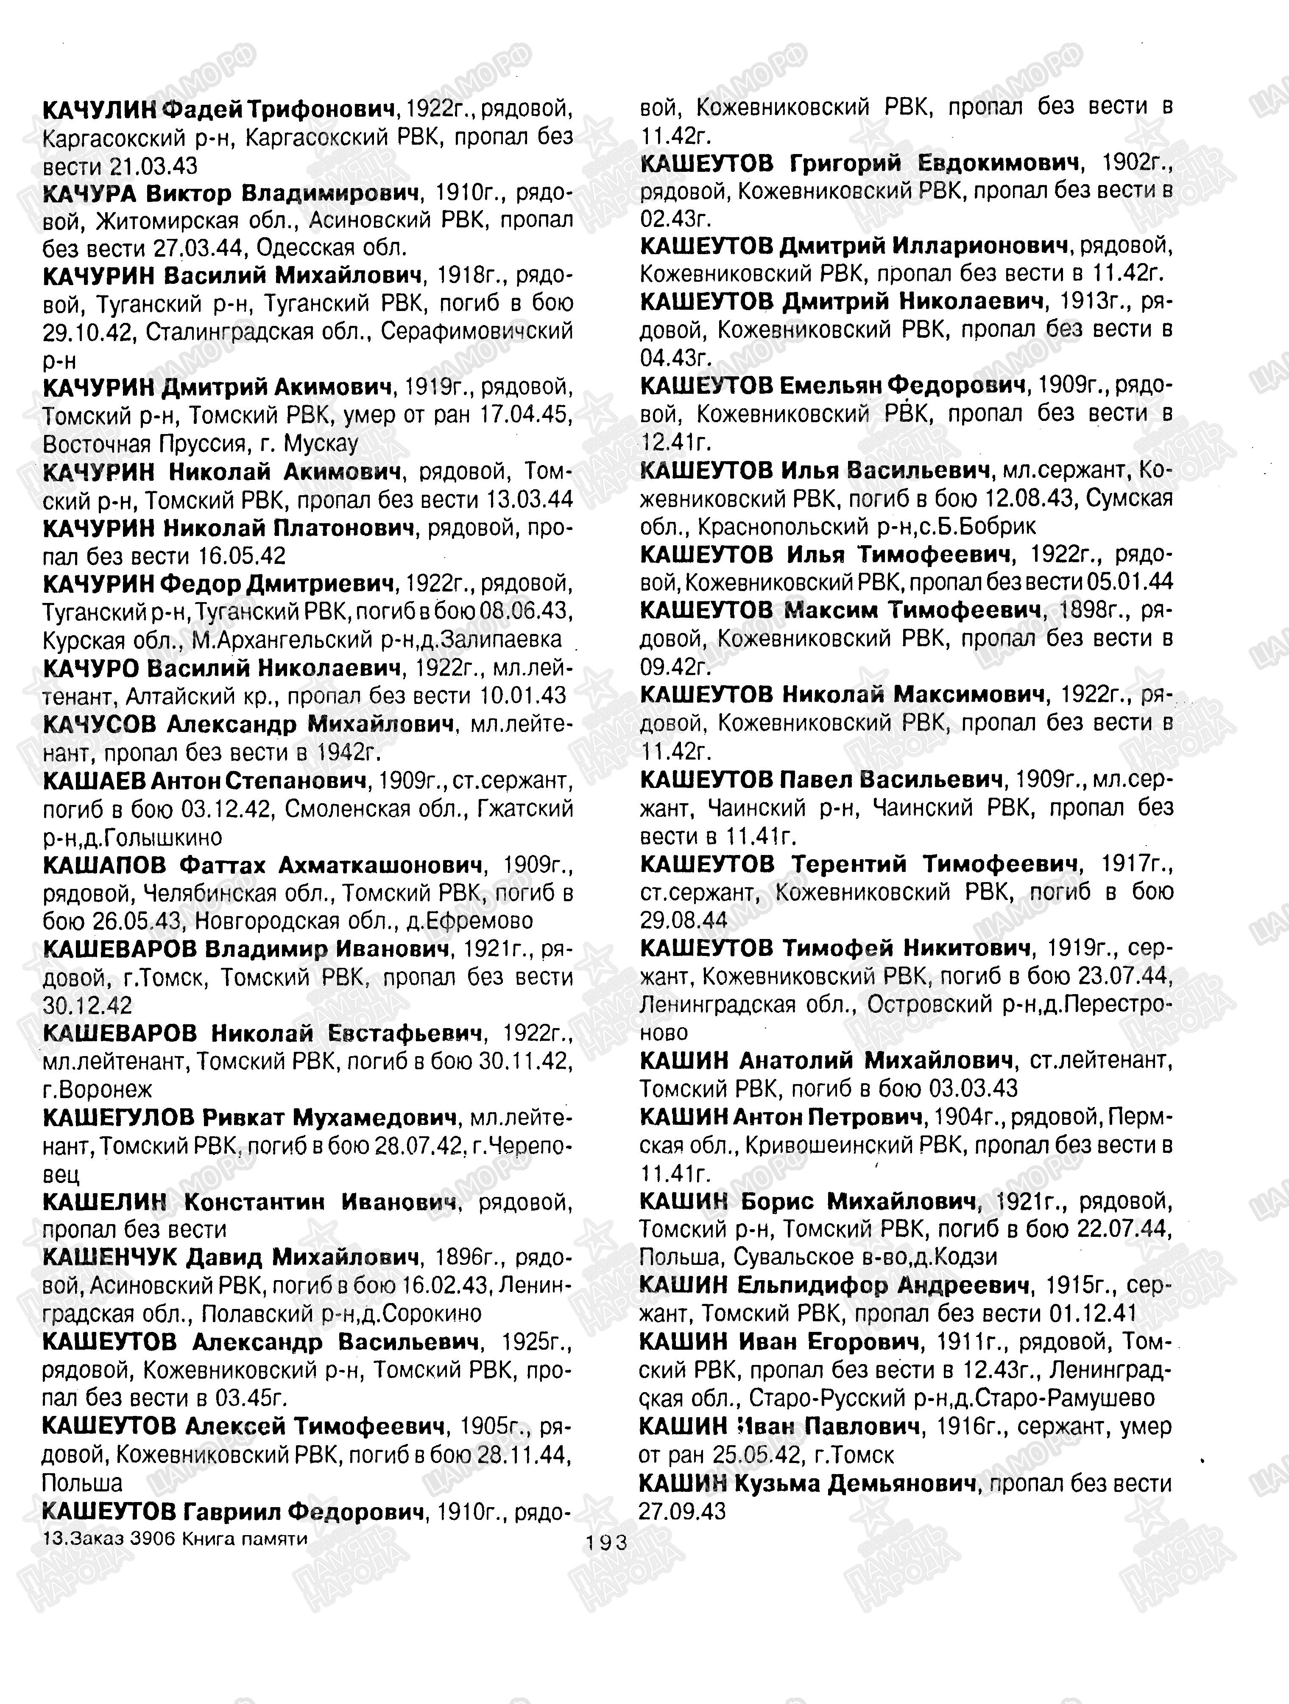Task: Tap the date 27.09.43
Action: click(x=682, y=1511)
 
